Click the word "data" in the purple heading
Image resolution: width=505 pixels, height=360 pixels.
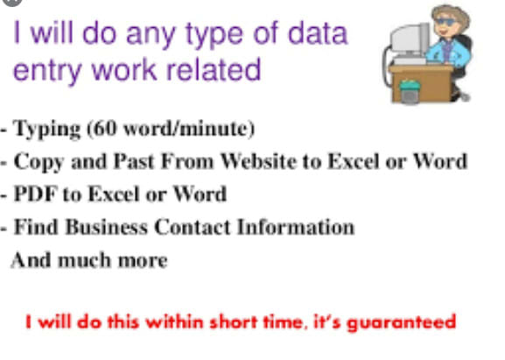318,33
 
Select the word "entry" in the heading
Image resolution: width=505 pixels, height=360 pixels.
47,71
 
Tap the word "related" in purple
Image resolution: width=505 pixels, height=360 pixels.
214,69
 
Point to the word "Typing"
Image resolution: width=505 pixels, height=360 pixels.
47,130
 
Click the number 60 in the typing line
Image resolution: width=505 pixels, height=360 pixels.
104,128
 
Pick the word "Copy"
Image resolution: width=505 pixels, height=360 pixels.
39,162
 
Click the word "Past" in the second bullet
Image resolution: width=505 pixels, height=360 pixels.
135,161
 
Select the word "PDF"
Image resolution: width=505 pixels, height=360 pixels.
36,194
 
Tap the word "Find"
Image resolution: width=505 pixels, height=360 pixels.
36,227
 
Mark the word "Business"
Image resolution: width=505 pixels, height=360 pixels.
107,227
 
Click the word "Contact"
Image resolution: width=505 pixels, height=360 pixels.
193,227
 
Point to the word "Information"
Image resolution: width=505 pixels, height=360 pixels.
296,227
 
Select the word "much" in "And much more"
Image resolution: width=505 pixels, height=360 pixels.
84,260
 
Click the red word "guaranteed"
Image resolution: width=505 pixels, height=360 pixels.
402,322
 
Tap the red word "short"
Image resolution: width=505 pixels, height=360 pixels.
234,321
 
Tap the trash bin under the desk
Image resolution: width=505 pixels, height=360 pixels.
410,92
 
